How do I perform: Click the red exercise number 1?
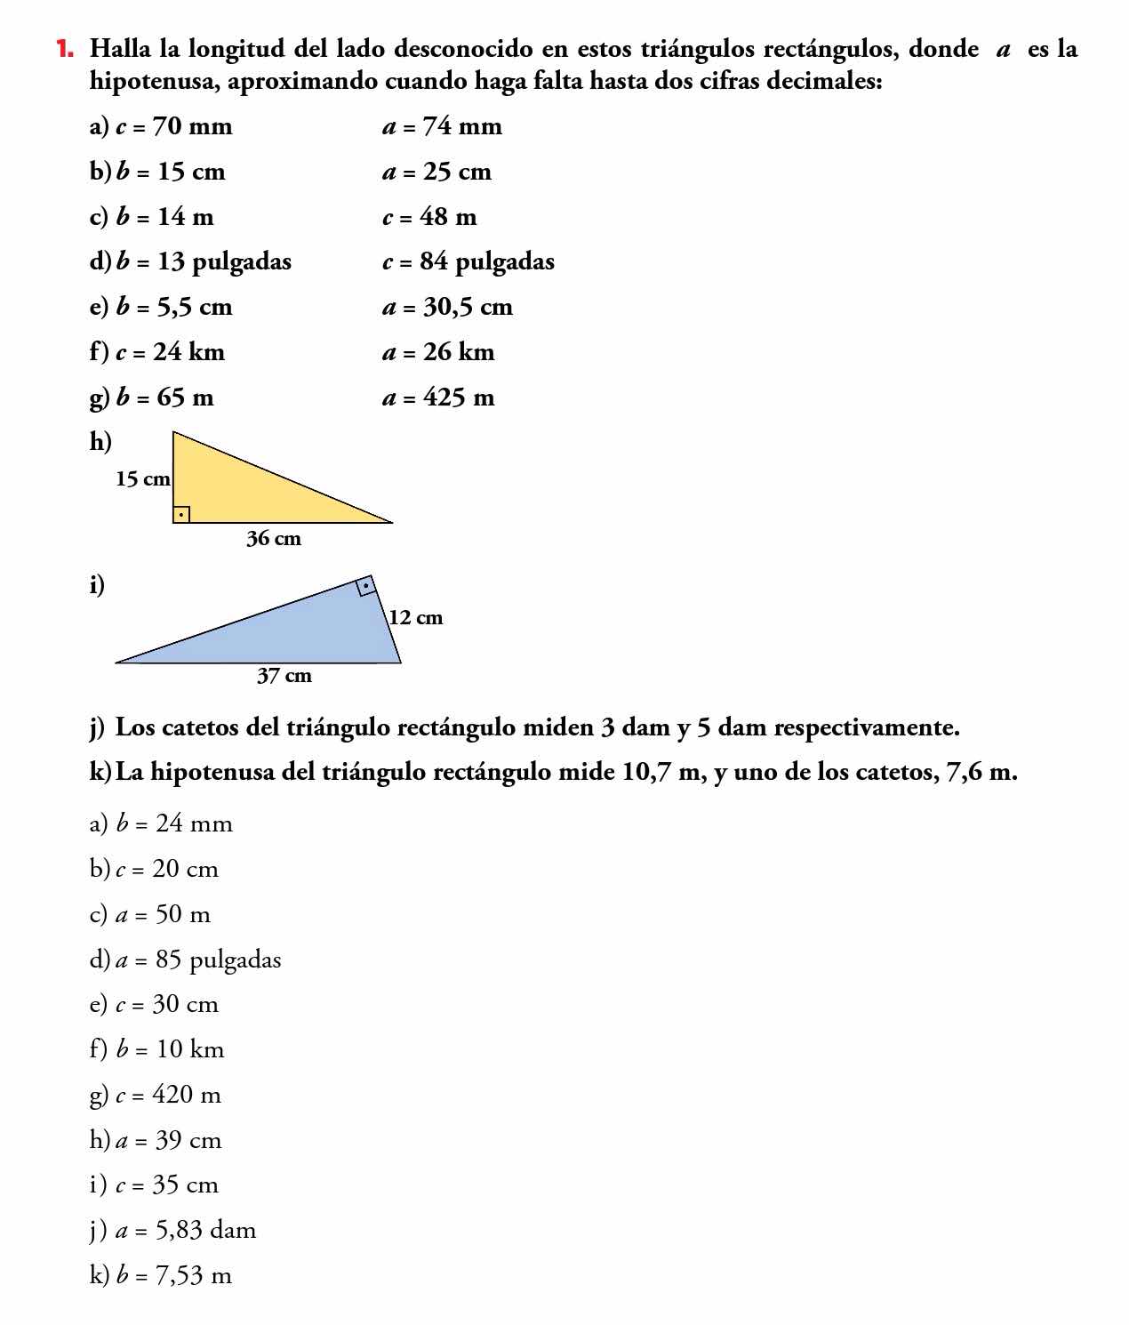pos(64,48)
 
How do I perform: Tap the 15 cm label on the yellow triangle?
pos(142,479)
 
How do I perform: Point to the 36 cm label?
pos(274,539)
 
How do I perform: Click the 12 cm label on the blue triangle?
pos(415,617)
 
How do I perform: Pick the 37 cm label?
pos(284,676)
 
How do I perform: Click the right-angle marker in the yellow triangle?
pos(181,514)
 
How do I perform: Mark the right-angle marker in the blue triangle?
pos(365,586)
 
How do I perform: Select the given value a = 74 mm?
pos(442,126)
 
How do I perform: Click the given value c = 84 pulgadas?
pos(468,261)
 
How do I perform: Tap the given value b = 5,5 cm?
pos(174,307)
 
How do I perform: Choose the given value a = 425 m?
pos(438,397)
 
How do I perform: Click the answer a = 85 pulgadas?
pos(197,960)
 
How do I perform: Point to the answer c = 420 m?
pos(168,1095)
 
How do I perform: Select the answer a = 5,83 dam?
pos(185,1231)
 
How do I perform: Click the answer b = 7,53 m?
pos(173,1276)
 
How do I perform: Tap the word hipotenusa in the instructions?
pos(155,81)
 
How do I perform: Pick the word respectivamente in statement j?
pos(867,727)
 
